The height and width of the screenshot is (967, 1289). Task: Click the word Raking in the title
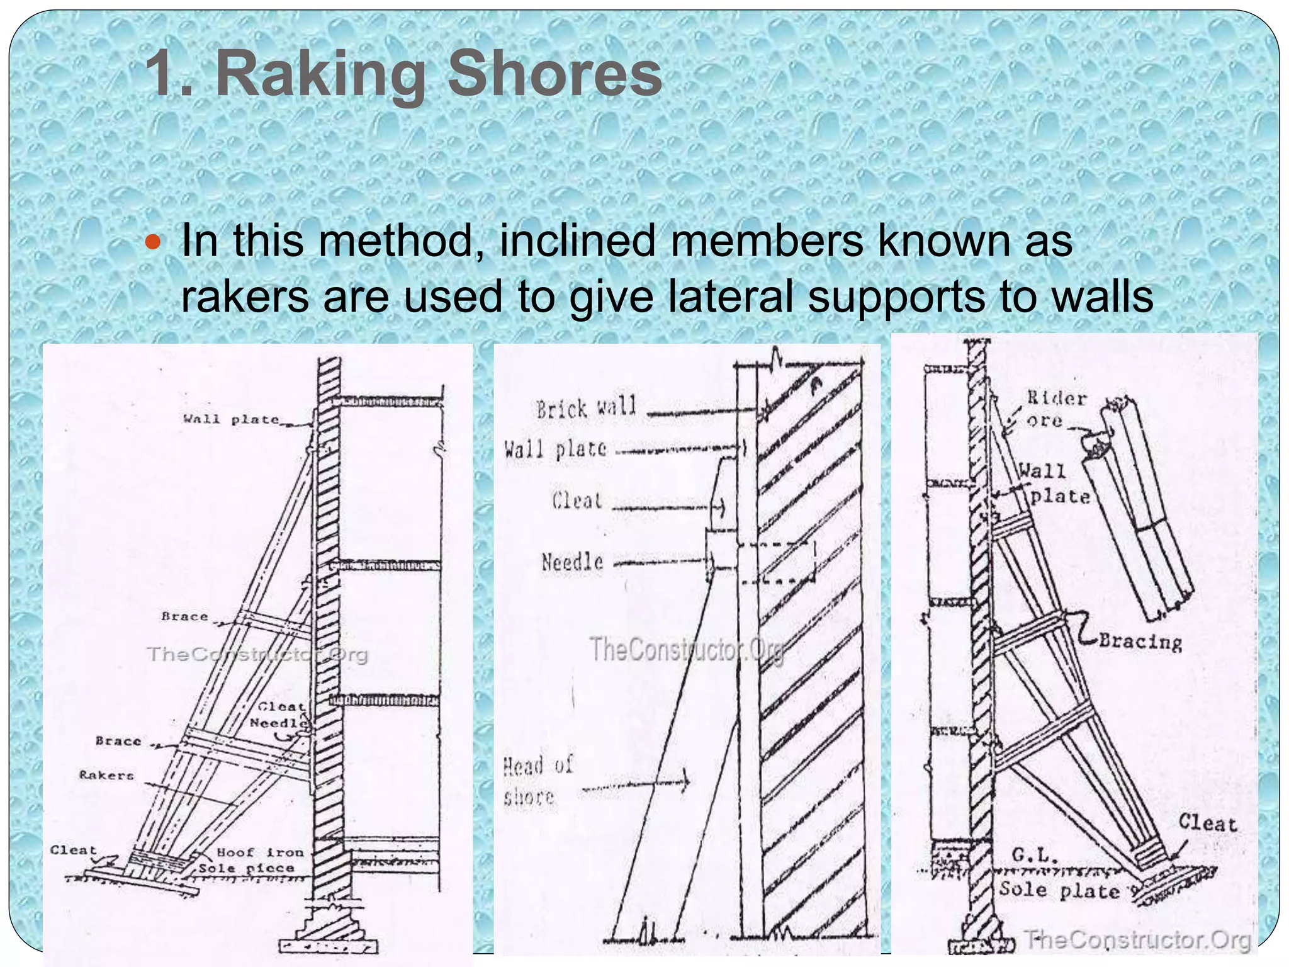click(321, 76)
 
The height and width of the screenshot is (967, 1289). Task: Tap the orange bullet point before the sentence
click(154, 242)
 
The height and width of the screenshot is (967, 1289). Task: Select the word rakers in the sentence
click(245, 297)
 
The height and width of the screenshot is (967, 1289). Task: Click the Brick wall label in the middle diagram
click(586, 409)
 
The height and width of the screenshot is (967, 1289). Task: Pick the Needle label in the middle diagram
click(572, 562)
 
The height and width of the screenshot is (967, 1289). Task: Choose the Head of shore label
click(536, 781)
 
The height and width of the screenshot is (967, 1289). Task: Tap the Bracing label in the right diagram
click(1140, 642)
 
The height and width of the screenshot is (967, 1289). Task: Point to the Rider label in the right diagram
click(1057, 398)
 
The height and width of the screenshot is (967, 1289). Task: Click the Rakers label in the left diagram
click(106, 775)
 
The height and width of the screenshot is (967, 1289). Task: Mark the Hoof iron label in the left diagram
click(260, 852)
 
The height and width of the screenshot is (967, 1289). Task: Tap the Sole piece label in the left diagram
click(246, 869)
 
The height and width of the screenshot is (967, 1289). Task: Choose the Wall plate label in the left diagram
click(230, 419)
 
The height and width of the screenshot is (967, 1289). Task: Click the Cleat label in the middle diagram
click(577, 500)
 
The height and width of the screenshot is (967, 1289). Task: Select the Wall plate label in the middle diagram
click(555, 450)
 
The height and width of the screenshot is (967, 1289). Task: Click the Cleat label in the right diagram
click(1207, 823)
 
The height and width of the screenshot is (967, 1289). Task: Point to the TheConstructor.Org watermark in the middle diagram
click(687, 649)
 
